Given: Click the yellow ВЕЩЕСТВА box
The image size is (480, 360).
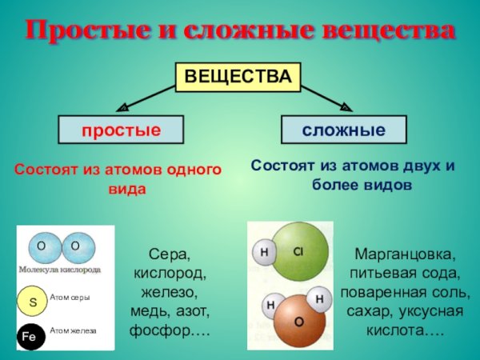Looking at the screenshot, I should [x=238, y=77].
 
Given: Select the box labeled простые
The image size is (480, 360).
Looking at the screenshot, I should [x=120, y=130].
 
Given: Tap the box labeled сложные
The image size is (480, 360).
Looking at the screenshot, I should [x=343, y=130].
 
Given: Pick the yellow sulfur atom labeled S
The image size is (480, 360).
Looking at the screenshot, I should [x=34, y=303].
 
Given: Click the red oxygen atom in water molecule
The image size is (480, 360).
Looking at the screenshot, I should [x=299, y=321].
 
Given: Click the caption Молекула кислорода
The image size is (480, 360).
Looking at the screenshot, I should [x=61, y=270].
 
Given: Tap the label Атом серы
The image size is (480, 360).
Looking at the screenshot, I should [x=70, y=298].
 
